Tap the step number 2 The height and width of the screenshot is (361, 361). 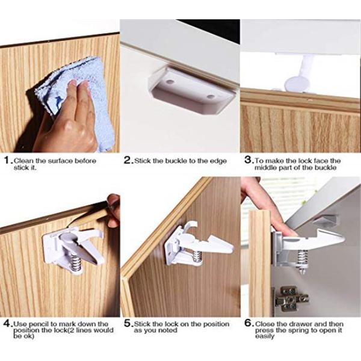pyautogui.click(x=128, y=160)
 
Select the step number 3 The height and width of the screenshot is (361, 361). pyautogui.click(x=248, y=160)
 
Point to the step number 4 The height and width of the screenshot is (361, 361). pyautogui.click(x=7, y=324)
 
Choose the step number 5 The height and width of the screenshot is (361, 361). pyautogui.click(x=128, y=323)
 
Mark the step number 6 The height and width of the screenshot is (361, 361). pyautogui.click(x=248, y=323)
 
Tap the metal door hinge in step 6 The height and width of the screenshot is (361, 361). pyautogui.click(x=291, y=299)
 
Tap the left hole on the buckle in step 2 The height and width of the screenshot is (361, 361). pyautogui.click(x=170, y=82)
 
